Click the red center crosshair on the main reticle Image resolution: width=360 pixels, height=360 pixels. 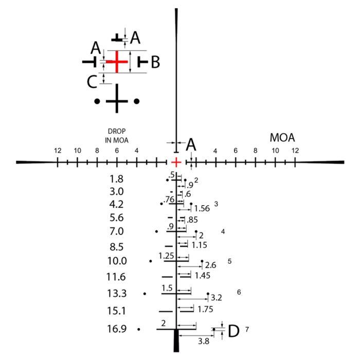point(176,163)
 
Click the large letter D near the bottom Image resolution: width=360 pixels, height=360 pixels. point(233,331)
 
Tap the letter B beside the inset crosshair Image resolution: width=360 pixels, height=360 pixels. point(155,62)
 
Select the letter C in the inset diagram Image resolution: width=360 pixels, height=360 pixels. point(92,82)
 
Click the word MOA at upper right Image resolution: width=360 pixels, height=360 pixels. point(282,137)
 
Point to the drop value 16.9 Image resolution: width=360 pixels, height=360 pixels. point(117,329)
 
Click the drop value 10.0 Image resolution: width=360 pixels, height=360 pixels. point(117,261)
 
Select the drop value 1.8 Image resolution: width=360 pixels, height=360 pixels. point(117,179)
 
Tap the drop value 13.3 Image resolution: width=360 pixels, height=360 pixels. point(117,294)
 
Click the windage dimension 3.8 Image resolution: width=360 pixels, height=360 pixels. point(204,341)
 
